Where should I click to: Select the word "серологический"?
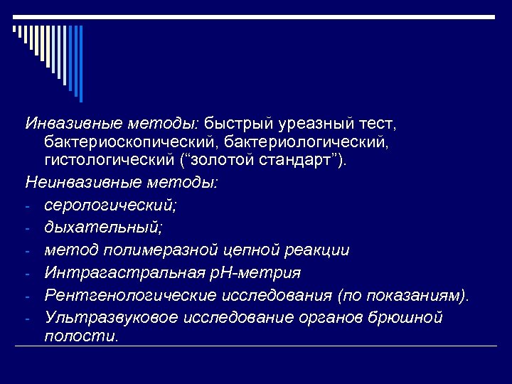tap(109, 206)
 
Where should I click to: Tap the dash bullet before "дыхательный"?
tap(26, 229)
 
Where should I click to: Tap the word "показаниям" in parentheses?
tap(412, 294)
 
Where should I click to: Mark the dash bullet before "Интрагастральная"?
tap(26, 274)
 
